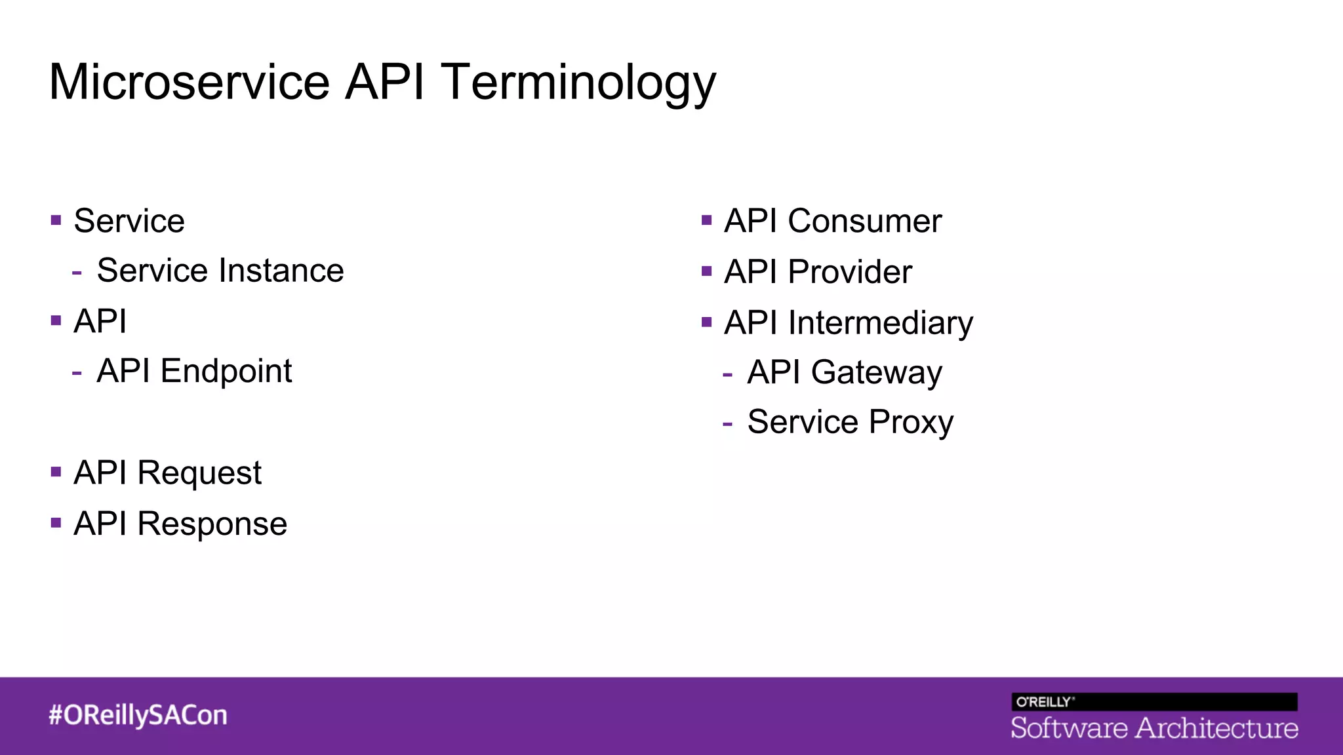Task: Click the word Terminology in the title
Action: (x=578, y=83)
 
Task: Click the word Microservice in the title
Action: (x=189, y=83)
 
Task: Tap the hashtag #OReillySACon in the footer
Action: (x=138, y=715)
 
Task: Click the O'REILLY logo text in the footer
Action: (x=1044, y=702)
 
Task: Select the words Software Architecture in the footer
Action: (x=1154, y=728)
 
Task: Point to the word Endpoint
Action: (x=226, y=372)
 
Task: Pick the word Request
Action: (x=199, y=473)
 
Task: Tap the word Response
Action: (x=212, y=524)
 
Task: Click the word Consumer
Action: (x=864, y=222)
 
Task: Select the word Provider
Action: (x=849, y=272)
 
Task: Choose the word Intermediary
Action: (x=880, y=323)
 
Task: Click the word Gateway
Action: (x=876, y=373)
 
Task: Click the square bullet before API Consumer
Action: (x=706, y=220)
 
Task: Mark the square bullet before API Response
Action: (x=56, y=523)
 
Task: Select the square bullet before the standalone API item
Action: (x=56, y=320)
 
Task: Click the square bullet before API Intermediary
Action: (x=706, y=322)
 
